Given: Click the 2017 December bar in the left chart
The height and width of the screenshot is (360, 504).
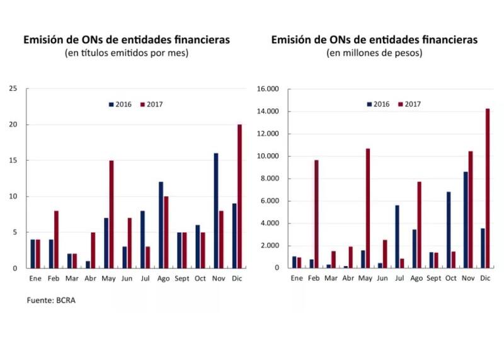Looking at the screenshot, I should coord(239,196).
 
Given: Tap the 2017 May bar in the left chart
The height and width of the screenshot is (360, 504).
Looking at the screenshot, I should coord(111,214).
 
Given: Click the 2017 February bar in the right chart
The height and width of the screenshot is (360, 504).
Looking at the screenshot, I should coord(316,214).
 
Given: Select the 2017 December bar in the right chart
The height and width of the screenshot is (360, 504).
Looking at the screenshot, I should coord(487,189).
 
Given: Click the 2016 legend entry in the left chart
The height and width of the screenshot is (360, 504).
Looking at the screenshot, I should coord(120,104).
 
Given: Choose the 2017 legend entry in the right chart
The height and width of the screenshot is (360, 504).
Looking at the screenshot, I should coord(409,104).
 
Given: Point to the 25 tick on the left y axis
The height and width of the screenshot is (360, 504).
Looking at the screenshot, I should coord(13,89).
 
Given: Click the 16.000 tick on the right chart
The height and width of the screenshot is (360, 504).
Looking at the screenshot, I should coord(268,90).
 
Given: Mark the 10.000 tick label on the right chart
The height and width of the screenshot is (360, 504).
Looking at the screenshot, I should coord(268,156).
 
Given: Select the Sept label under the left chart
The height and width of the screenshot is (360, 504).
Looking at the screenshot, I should coord(183,277).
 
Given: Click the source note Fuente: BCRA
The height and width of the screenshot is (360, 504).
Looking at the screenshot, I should coord(55,300).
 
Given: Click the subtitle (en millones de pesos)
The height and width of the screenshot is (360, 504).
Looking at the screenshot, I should coord(374,53).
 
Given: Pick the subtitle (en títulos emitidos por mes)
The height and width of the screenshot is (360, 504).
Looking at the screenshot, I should coord(127,53).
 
